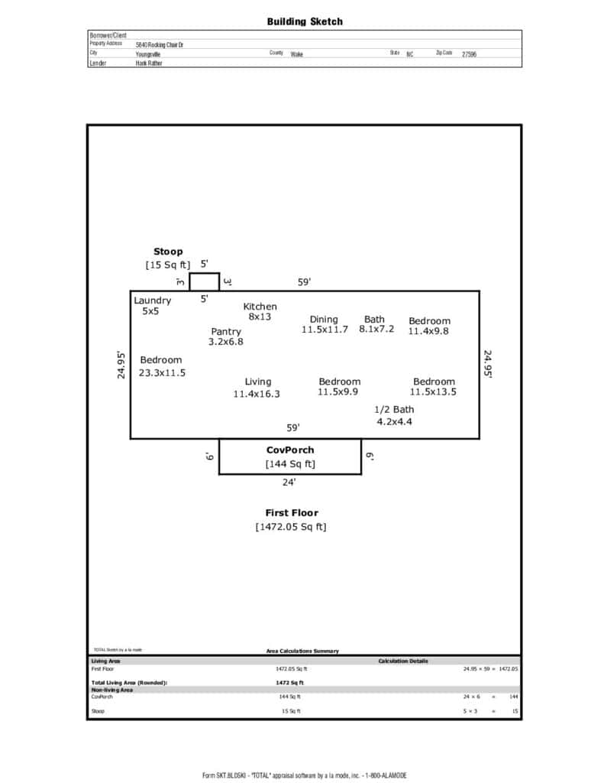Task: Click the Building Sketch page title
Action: point(305,21)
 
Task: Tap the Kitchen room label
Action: point(260,306)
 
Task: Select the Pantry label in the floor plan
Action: point(226,331)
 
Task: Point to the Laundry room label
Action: point(153,301)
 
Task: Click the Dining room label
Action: point(324,320)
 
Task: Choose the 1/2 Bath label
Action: point(394,410)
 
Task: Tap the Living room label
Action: point(257,382)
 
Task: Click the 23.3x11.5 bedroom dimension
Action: point(162,373)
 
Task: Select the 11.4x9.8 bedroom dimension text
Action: point(428,332)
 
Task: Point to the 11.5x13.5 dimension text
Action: point(433,392)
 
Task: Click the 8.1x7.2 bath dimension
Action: point(376,330)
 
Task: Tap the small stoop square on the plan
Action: point(204,281)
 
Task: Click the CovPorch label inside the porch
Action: point(289,450)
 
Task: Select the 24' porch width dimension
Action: point(289,482)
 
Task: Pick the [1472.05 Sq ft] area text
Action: point(290,527)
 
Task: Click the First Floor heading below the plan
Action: point(291,513)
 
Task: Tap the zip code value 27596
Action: point(469,55)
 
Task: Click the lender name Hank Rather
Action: point(149,63)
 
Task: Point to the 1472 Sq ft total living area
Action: point(289,682)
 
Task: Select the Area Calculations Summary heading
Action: point(302,651)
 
